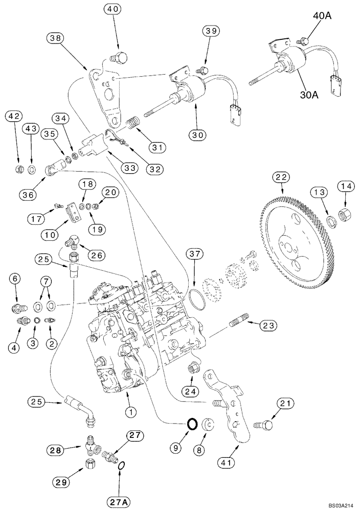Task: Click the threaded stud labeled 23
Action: pos(240,323)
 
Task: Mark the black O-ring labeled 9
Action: pos(192,423)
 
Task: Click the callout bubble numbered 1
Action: pos(132,411)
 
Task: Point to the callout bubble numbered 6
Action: pos(14,278)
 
